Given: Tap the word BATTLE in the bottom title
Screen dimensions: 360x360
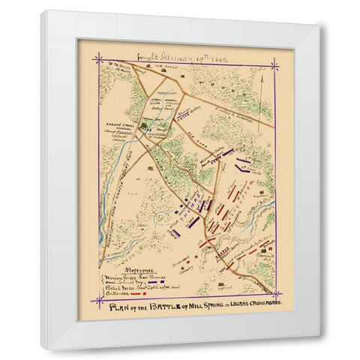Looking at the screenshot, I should [172, 308].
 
